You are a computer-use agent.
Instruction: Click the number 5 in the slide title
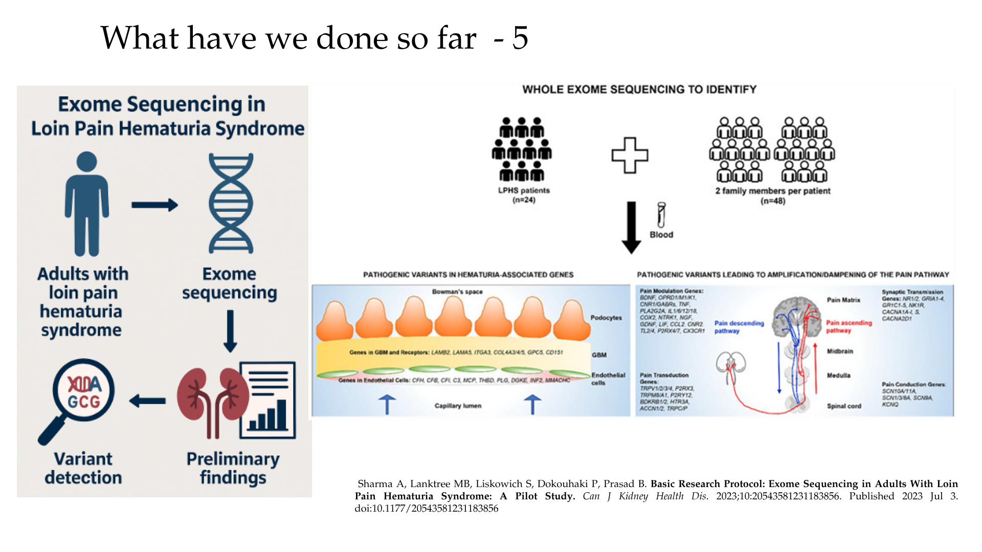520,38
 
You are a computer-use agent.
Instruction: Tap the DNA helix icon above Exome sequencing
231,203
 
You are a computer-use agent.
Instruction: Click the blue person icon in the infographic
86,203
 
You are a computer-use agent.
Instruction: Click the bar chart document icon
268,400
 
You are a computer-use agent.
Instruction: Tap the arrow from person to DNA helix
154,205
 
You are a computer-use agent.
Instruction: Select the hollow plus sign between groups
630,155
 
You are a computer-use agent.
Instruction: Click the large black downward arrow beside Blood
632,227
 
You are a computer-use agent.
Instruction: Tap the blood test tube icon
661,215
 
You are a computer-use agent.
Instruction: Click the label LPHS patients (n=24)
524,195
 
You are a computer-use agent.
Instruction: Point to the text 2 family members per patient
772,191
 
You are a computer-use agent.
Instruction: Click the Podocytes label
606,317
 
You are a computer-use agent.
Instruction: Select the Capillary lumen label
458,406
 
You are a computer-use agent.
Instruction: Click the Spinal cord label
844,406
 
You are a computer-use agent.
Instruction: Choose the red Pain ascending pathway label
849,327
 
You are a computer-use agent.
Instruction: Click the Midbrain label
840,351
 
